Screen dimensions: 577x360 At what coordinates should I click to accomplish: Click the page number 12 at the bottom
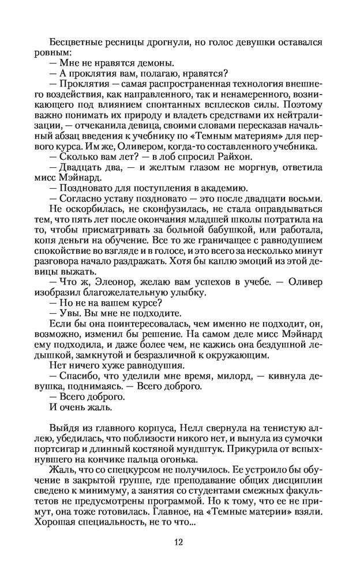[x=180, y=542]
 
